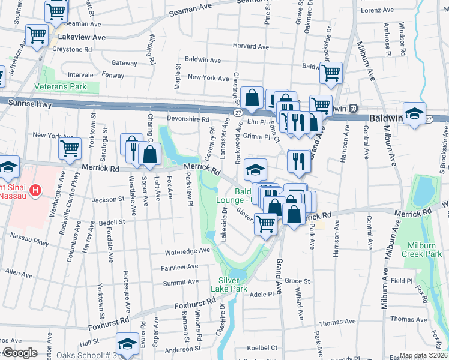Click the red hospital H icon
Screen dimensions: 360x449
click(x=36, y=191)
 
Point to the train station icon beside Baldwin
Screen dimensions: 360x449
click(x=354, y=109)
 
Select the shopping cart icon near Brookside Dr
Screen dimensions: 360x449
click(x=331, y=73)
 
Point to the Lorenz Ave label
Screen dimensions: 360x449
click(x=376, y=11)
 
